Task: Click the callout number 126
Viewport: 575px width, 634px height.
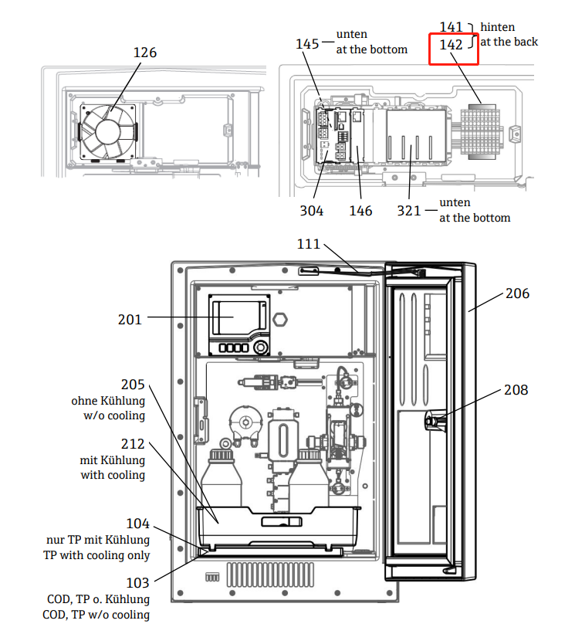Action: [144, 53]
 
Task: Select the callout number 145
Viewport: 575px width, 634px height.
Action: [307, 43]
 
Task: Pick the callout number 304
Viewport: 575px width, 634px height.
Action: [312, 210]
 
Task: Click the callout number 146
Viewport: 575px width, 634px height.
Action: [360, 210]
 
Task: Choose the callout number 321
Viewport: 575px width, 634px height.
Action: [410, 210]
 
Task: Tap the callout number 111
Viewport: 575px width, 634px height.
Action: [309, 244]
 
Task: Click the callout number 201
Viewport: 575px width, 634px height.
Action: [130, 318]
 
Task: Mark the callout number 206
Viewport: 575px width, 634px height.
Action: [518, 293]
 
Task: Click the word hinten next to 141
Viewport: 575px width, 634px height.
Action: [498, 27]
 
